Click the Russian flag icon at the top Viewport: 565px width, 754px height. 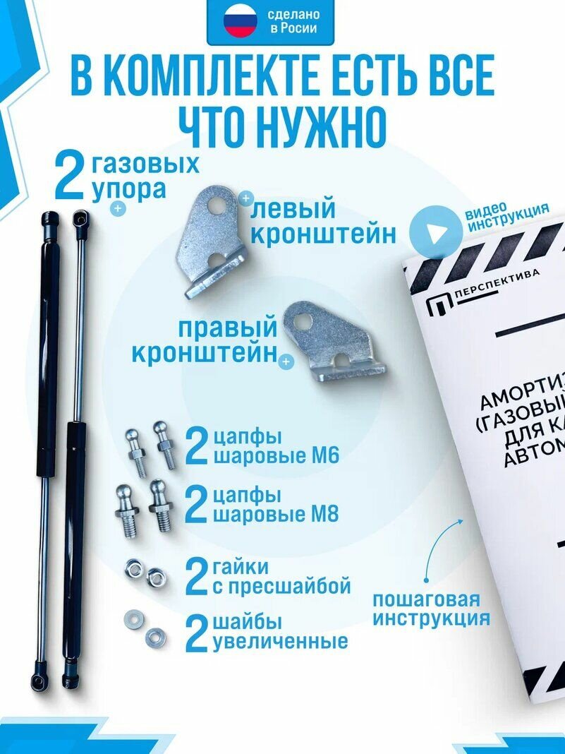(240, 23)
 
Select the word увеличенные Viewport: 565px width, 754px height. (280, 641)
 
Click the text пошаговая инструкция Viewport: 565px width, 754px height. (430, 609)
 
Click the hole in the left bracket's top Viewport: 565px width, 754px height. (226, 205)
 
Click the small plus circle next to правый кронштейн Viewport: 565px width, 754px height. (286, 363)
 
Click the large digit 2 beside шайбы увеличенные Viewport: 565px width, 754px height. (197, 633)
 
